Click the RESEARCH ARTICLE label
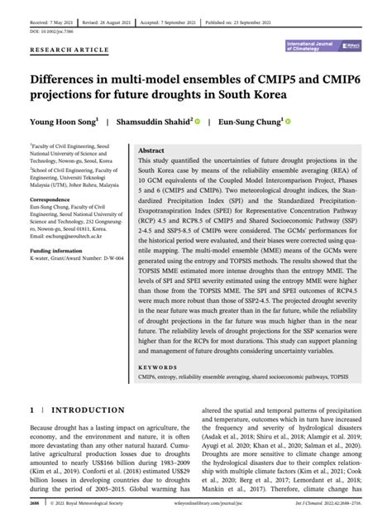click(69, 50)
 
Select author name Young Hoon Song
click(63, 122)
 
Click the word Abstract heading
click(151, 151)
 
